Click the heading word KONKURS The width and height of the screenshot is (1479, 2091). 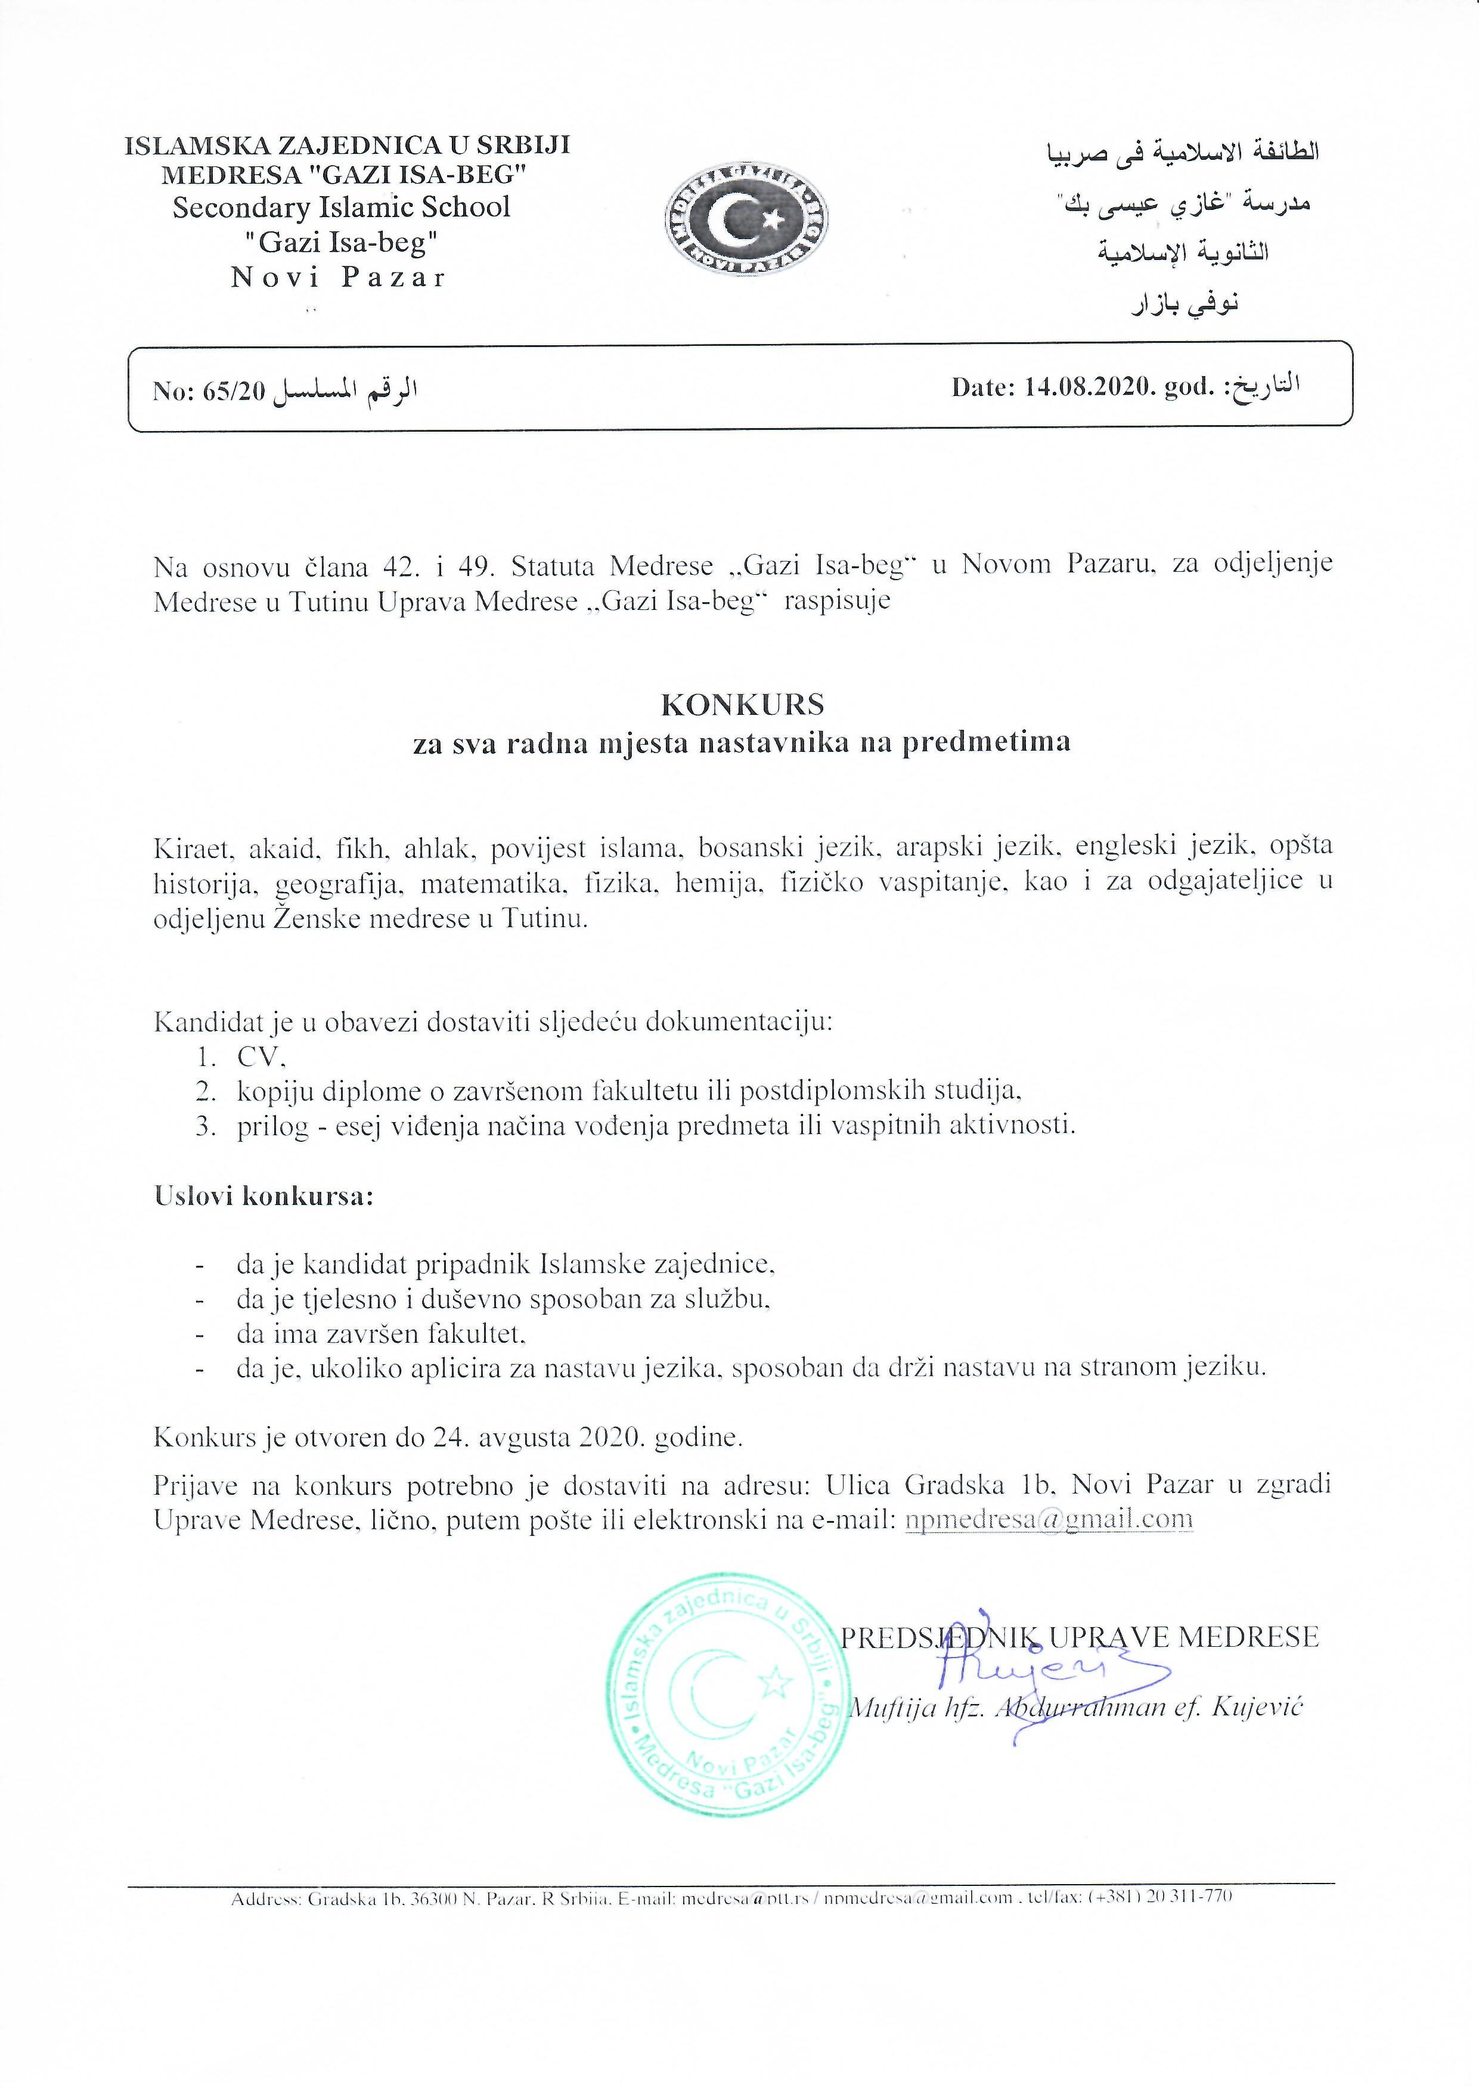pos(742,704)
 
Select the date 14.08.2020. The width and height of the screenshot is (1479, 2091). pos(1080,388)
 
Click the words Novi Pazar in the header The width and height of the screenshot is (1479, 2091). pos(338,278)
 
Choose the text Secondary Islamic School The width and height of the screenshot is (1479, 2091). pos(342,207)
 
